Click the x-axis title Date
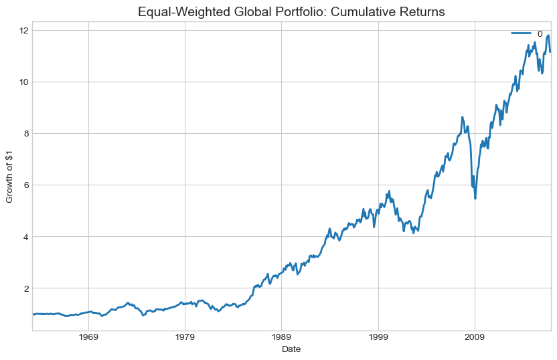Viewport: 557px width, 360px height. click(291, 349)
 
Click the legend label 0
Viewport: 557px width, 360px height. click(540, 33)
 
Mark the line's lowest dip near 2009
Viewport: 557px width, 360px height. click(475, 198)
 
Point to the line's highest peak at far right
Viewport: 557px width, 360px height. click(548, 35)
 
